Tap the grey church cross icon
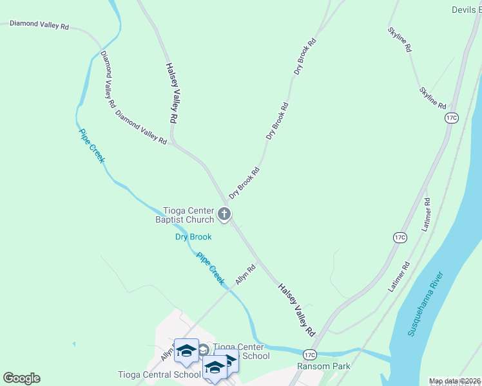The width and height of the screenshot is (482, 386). point(224,214)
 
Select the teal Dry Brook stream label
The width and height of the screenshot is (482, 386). point(193,237)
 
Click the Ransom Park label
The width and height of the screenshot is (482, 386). point(323,366)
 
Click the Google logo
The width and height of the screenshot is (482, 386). point(21,378)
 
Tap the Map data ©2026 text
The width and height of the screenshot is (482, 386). point(454,381)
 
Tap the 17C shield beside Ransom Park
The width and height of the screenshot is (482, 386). point(310,354)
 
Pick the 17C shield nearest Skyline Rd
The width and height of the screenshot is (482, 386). point(451,117)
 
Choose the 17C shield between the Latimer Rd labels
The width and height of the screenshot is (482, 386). point(400,237)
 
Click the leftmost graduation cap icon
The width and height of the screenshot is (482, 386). point(186,351)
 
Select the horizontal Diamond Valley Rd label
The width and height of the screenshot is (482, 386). point(39,25)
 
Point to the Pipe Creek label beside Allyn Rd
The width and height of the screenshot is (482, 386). point(211,268)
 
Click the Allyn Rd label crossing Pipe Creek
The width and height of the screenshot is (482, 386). point(245,275)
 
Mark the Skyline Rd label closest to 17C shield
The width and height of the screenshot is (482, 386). point(432,98)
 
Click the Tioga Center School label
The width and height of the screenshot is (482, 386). point(241,351)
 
